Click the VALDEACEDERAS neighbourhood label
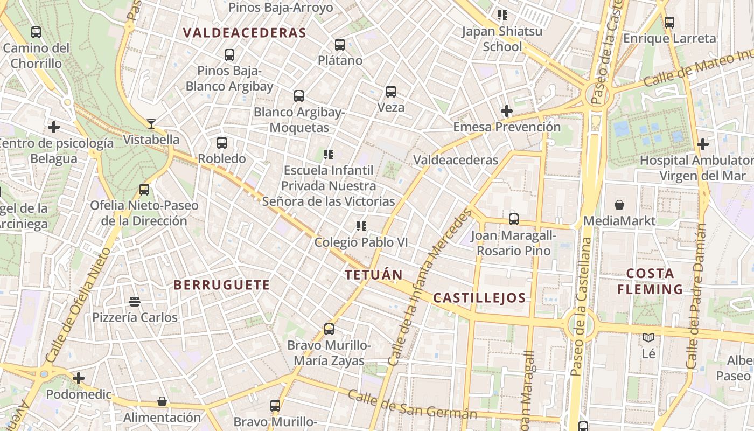(245, 33)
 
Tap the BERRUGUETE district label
(222, 285)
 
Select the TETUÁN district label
(374, 275)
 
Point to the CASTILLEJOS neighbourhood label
(479, 298)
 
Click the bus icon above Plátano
(339, 45)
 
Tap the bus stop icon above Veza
(391, 92)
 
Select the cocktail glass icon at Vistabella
(151, 124)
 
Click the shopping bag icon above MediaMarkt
(619, 205)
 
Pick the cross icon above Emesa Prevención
(506, 112)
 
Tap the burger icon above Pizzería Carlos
(135, 302)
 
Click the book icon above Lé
(648, 338)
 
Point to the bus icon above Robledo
(222, 143)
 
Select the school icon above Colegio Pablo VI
(361, 226)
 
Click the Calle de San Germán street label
(412, 404)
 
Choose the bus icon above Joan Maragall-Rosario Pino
(514, 219)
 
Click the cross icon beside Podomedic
(79, 378)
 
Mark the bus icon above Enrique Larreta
(669, 23)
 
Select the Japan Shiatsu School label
(502, 39)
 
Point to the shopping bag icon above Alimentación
(162, 401)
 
